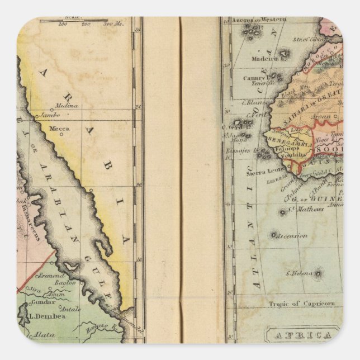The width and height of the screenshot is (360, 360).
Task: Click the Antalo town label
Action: pos(70,308)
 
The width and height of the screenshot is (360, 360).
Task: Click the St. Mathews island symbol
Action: pos(283,212)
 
